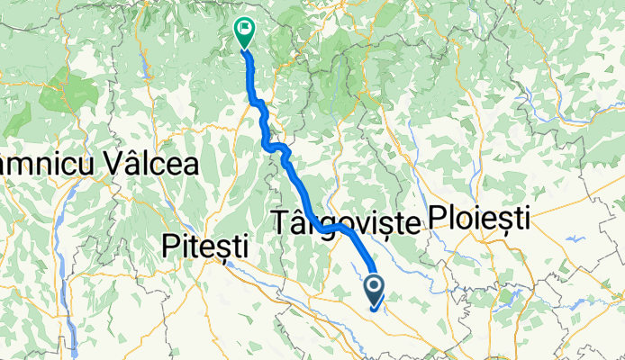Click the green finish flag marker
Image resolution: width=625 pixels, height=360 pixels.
tap(244, 31)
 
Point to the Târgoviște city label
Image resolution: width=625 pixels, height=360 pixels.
tap(345, 221)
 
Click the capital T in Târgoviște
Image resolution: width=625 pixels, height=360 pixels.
tap(278, 220)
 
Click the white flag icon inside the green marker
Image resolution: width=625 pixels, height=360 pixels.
tap(244, 27)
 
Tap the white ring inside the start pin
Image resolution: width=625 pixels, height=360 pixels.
tap(375, 286)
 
